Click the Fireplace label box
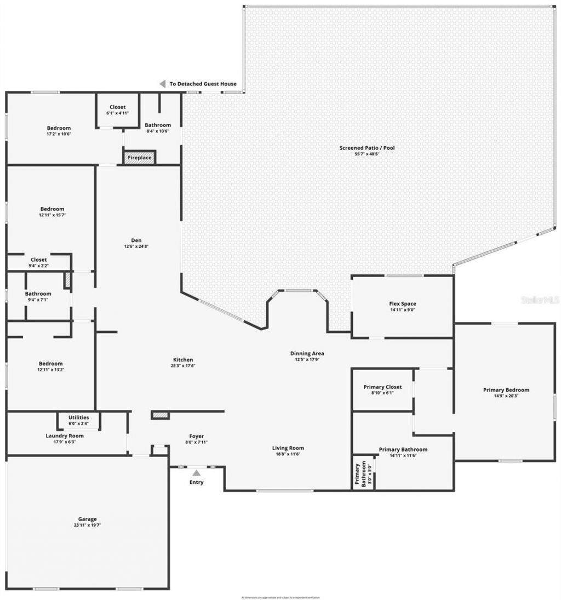click(140, 158)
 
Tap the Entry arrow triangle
click(196, 472)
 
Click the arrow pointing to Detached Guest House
click(162, 84)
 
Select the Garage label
click(87, 519)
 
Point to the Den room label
click(136, 240)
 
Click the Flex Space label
click(402, 304)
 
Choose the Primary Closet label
click(382, 387)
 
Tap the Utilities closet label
click(78, 417)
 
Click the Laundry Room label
click(65, 436)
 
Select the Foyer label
click(196, 436)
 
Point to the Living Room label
click(288, 448)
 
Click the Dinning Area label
click(307, 354)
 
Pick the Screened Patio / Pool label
click(367, 148)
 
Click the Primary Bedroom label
click(506, 390)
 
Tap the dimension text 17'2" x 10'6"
click(59, 134)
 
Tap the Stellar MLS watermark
click(540, 300)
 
